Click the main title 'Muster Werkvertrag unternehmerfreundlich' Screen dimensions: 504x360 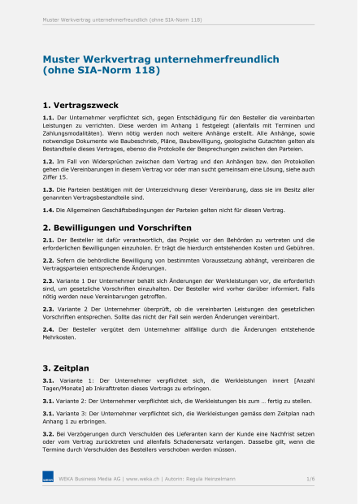point(160,59)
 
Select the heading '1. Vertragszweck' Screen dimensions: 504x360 point(80,105)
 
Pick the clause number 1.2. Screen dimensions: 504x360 point(48,162)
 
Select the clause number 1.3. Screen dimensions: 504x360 point(48,189)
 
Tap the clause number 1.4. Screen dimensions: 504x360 point(48,210)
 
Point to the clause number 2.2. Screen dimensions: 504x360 point(48,263)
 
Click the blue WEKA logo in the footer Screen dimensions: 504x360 point(48,480)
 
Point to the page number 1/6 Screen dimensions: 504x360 point(310,480)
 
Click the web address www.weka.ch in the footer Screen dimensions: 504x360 point(143,480)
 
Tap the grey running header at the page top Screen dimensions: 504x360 point(122,19)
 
